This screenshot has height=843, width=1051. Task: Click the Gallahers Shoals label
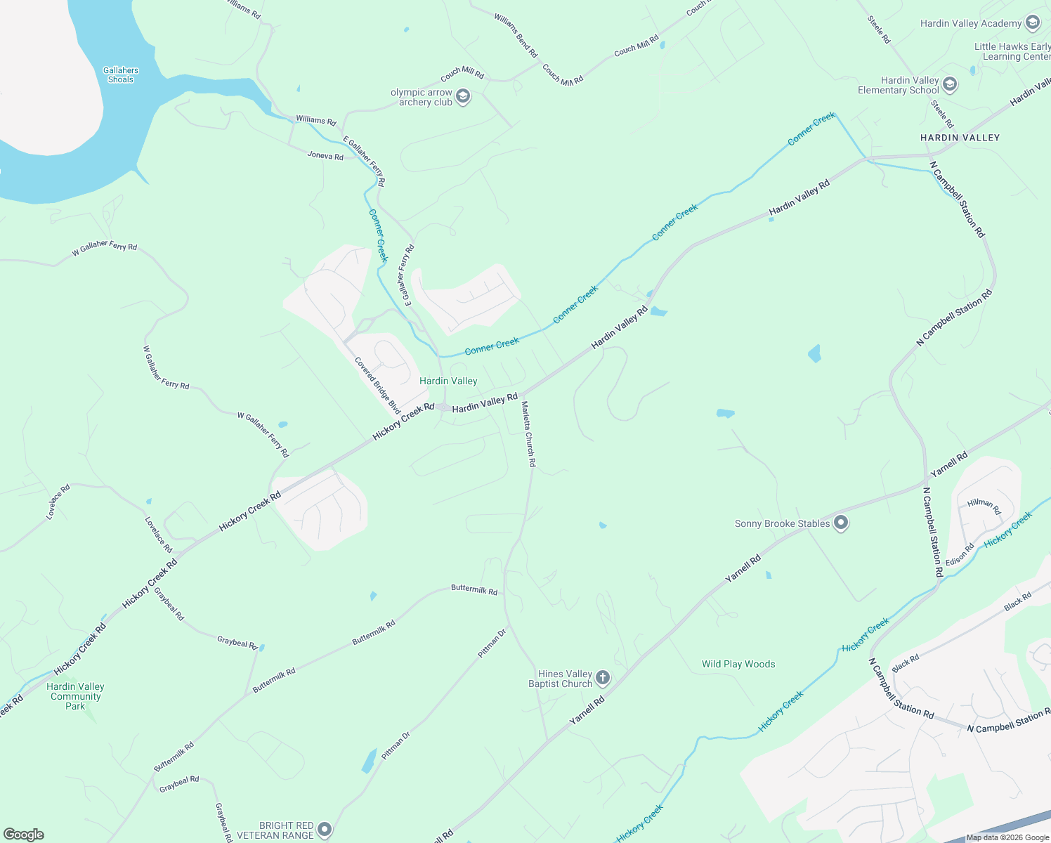[121, 74]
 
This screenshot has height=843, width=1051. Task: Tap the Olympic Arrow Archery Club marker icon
[462, 96]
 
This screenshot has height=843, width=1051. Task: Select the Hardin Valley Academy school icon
[1032, 23]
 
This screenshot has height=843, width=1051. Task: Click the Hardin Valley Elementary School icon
[949, 85]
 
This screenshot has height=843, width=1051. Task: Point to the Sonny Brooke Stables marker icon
[841, 523]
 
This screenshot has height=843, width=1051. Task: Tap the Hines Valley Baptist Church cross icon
[602, 678]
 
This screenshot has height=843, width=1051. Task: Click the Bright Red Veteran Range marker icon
[324, 830]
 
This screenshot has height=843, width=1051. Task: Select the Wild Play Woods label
[738, 664]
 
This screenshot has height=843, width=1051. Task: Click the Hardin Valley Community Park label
[76, 696]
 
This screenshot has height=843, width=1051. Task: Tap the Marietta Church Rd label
[528, 434]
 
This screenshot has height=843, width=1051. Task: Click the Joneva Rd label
[325, 155]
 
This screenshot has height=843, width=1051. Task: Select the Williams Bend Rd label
[516, 35]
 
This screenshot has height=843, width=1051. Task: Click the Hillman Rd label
[984, 505]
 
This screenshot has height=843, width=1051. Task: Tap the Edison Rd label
[960, 554]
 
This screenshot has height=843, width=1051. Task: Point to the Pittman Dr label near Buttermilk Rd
[492, 643]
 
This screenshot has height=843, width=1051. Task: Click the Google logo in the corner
[23, 834]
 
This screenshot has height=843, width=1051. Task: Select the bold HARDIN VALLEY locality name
[960, 138]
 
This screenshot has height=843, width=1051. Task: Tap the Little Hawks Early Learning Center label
[1012, 51]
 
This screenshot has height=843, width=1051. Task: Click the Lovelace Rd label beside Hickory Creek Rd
[158, 535]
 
